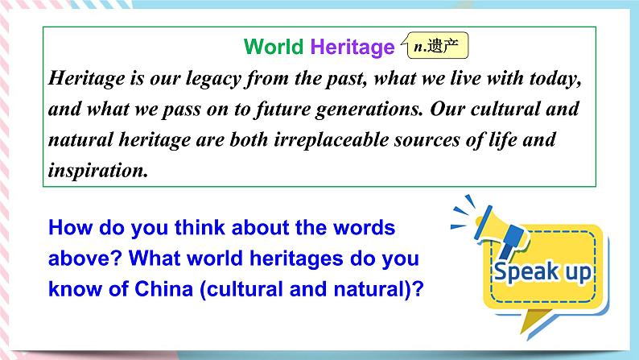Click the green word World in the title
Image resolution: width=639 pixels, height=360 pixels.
[274, 48]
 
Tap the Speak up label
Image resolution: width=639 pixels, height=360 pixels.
[542, 271]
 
